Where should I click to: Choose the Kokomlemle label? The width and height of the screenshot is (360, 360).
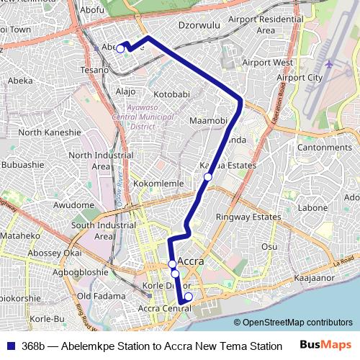[159, 184]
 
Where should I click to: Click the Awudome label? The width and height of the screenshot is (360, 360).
[74, 205]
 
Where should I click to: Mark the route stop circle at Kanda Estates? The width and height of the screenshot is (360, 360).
[208, 176]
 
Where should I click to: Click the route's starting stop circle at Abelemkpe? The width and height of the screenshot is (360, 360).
[120, 49]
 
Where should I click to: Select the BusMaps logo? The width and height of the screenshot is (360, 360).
[325, 346]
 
